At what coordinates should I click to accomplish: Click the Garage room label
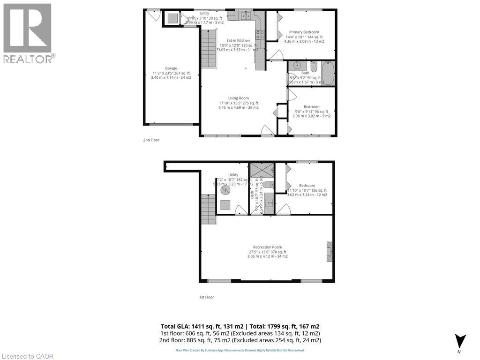(171, 68)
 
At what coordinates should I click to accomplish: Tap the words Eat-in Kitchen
(238, 41)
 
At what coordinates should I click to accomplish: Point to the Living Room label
(238, 98)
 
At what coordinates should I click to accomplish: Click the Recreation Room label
(267, 247)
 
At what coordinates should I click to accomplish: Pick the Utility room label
(233, 175)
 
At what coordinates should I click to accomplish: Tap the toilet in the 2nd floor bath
(314, 66)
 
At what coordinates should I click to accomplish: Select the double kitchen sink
(245, 16)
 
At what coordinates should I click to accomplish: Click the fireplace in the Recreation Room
(330, 252)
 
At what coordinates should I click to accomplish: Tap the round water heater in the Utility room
(226, 191)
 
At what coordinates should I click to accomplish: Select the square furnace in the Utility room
(226, 205)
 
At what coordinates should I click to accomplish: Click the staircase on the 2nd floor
(209, 47)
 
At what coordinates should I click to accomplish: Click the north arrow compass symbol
(460, 341)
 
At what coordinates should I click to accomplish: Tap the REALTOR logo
(28, 33)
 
